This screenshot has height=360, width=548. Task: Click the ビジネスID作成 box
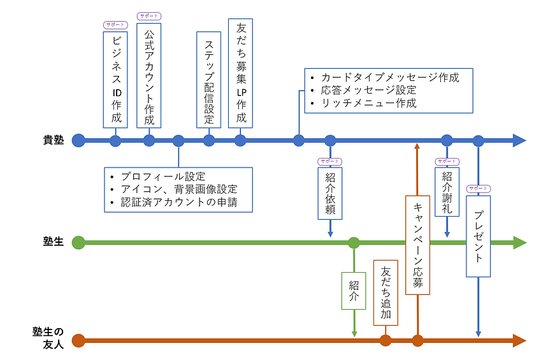coord(115,79)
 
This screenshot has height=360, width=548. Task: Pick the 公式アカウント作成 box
coord(149,75)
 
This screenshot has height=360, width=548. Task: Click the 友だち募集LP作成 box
coord(240,73)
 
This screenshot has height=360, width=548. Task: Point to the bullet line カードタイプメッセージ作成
coord(390,78)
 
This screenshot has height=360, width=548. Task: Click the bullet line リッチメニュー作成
coord(369,103)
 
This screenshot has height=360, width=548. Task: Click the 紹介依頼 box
coord(330,193)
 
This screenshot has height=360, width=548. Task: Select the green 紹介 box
coord(354,291)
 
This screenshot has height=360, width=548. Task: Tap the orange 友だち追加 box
coord(386,292)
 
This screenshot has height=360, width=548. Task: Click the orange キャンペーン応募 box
coord(417,245)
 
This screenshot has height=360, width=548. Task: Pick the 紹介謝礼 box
coord(447,192)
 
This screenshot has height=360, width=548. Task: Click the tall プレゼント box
coord(478,236)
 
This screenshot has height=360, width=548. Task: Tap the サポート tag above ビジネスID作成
coord(115,25)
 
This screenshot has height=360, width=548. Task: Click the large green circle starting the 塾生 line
coord(78,243)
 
